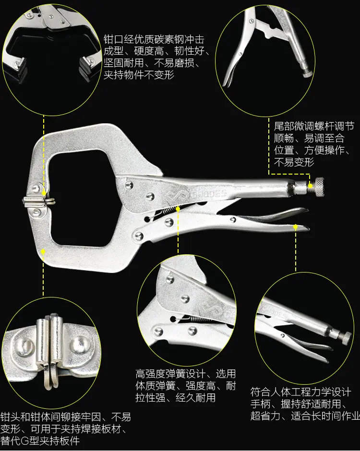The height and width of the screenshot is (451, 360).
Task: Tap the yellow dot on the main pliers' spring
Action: click(x=178, y=209)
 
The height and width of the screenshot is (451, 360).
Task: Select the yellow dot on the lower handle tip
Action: click(x=295, y=227)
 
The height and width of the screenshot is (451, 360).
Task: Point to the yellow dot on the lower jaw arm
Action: click(x=43, y=252)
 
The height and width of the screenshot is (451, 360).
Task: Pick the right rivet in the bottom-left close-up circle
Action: click(x=78, y=344)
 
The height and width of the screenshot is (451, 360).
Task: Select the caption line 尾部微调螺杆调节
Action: click(x=313, y=126)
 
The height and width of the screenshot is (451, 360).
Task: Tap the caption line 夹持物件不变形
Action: click(x=139, y=75)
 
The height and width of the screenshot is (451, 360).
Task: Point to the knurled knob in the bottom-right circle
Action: click(x=346, y=338)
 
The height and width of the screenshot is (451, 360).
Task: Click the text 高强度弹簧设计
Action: click(x=170, y=374)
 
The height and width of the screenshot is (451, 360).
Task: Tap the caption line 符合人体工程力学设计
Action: click(x=300, y=392)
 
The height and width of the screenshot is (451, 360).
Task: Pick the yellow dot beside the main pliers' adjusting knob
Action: click(x=310, y=186)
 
